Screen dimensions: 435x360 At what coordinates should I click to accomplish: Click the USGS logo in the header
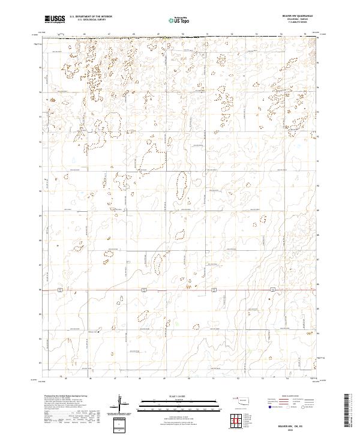click(x=55, y=19)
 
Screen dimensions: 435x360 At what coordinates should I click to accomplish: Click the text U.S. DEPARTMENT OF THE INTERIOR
click(x=89, y=17)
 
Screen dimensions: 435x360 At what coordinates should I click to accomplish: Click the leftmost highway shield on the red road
click(x=59, y=290)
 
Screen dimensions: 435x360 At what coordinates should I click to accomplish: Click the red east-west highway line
click(x=180, y=291)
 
